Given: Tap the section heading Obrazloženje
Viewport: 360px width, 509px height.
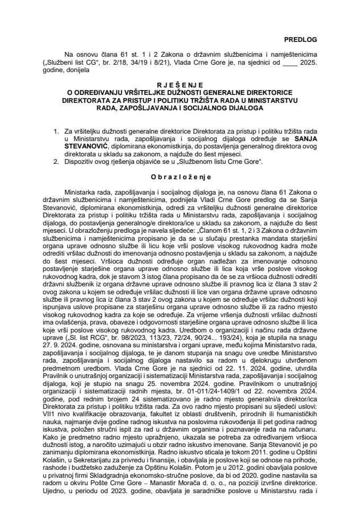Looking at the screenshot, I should [179, 175].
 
